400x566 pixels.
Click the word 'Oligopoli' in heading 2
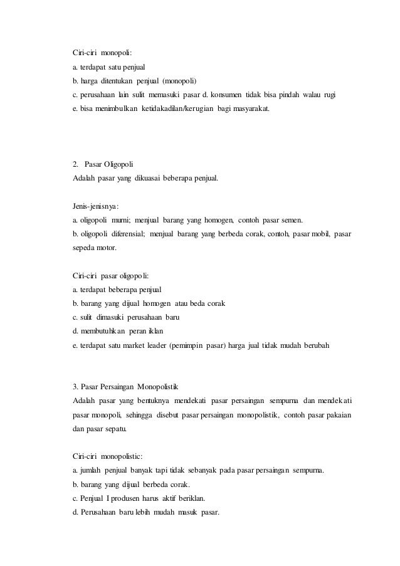111,165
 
